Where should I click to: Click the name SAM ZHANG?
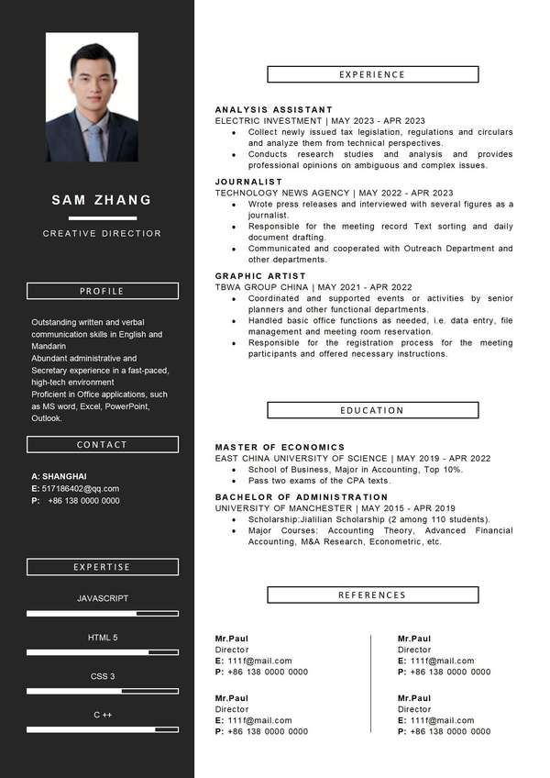(x=102, y=200)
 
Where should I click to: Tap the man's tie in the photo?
(x=94, y=142)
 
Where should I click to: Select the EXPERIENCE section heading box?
(x=372, y=74)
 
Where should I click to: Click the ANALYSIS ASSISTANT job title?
(x=274, y=110)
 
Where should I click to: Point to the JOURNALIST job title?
(x=249, y=182)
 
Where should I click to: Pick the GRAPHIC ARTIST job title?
(x=260, y=276)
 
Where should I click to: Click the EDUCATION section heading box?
(x=372, y=410)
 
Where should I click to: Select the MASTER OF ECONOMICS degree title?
(x=280, y=448)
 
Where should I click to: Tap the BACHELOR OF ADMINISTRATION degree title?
(x=302, y=497)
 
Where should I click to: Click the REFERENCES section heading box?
(x=372, y=595)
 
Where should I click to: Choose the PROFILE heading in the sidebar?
(x=102, y=291)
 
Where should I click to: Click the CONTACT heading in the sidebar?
(x=102, y=445)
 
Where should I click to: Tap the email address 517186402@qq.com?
(x=80, y=489)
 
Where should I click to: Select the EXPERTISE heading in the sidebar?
(x=102, y=567)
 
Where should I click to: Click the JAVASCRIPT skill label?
(x=103, y=598)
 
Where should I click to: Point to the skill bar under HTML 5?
(x=103, y=652)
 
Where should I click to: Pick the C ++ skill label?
(x=103, y=715)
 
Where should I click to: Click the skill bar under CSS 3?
(x=103, y=691)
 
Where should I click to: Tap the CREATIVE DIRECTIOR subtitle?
(x=102, y=234)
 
